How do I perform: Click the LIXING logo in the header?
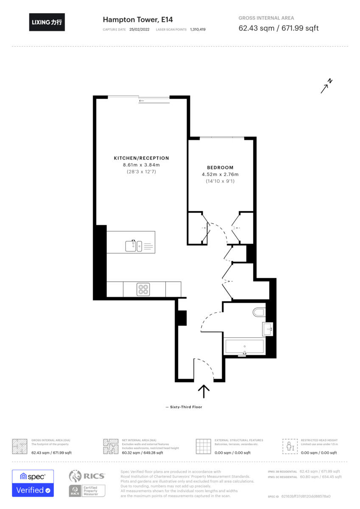tap(47, 22)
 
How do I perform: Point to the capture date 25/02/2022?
tap(140, 30)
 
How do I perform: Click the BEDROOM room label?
tap(220, 168)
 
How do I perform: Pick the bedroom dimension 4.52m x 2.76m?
tap(220, 174)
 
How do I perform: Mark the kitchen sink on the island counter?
tap(134, 245)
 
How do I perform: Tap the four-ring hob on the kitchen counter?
tap(143, 289)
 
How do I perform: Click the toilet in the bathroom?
tap(259, 313)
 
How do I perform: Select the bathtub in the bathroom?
tap(244, 347)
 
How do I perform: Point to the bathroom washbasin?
tap(267, 328)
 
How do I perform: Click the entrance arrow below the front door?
tap(204, 391)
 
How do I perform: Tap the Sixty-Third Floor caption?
tap(184, 407)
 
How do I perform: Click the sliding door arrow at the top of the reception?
tap(141, 101)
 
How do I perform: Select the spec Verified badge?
tap(33, 483)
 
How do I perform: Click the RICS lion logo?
tap(75, 476)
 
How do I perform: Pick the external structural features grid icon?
tap(204, 446)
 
